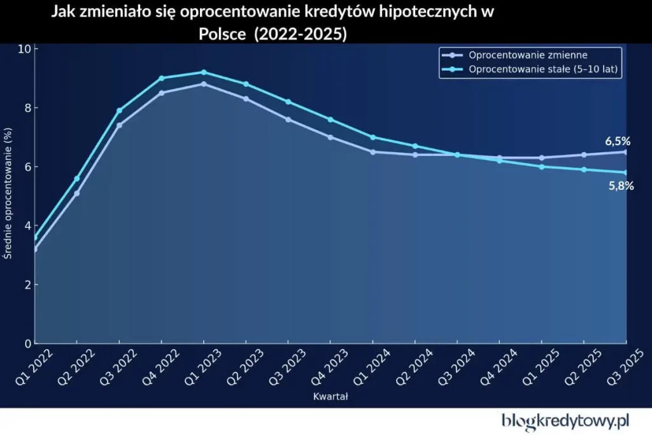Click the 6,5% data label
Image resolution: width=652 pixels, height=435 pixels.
pyautogui.click(x=617, y=141)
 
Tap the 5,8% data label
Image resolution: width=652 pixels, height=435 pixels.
pyautogui.click(x=621, y=187)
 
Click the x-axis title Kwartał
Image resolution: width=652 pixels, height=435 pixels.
pyautogui.click(x=330, y=397)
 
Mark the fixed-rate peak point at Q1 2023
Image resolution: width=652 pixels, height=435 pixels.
pyautogui.click(x=204, y=72)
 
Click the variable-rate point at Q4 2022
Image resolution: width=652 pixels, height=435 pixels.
pyautogui.click(x=162, y=93)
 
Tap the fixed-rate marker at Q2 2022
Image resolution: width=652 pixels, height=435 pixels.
pyautogui.click(x=77, y=178)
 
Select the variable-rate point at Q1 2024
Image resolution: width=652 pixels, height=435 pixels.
pyautogui.click(x=372, y=152)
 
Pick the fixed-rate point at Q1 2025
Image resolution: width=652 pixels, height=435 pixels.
pyautogui.click(x=542, y=167)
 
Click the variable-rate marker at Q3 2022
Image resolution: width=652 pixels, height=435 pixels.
pyautogui.click(x=119, y=125)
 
